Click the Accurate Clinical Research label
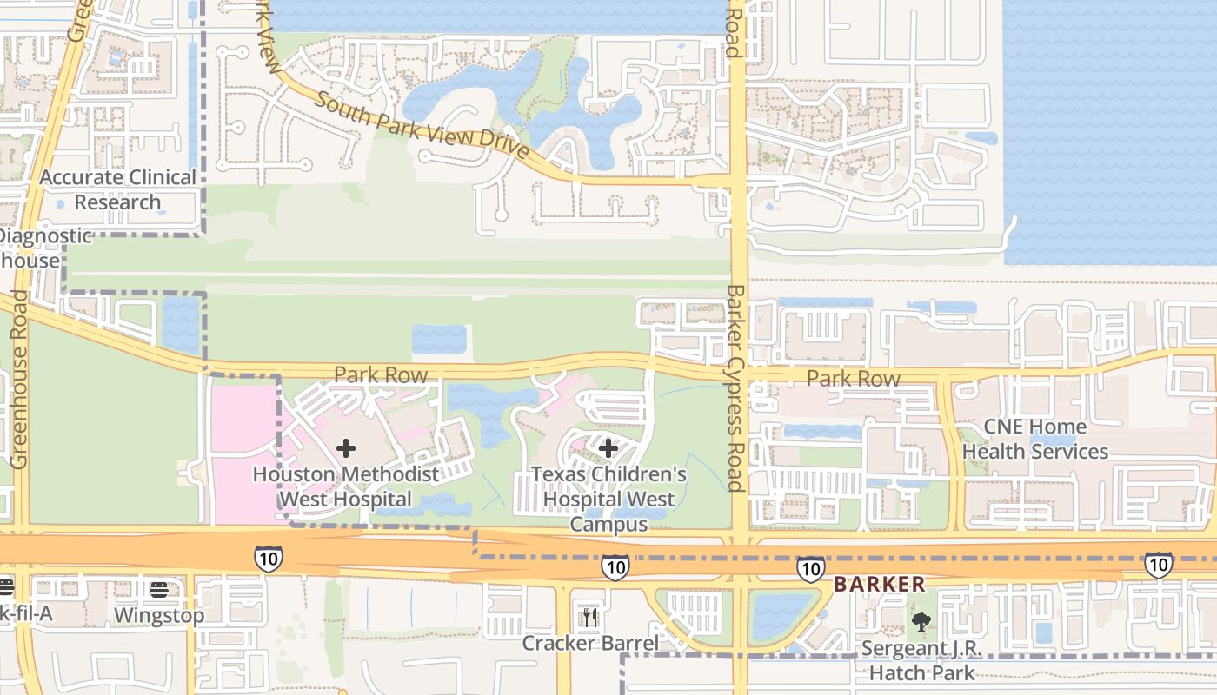(118, 189)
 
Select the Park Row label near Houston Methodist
(381, 375)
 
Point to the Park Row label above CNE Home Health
(853, 379)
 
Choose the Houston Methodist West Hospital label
(345, 486)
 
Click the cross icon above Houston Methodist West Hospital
(346, 448)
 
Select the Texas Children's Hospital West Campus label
(608, 500)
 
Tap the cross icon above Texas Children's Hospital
(608, 448)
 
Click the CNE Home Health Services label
(1034, 439)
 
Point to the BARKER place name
(880, 585)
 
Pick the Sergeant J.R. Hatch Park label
(921, 660)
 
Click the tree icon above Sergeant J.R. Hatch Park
(921, 622)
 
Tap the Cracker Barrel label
(590, 643)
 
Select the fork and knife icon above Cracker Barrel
(590, 618)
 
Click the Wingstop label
(159, 615)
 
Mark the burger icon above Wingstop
(158, 590)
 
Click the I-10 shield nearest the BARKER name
(810, 569)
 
